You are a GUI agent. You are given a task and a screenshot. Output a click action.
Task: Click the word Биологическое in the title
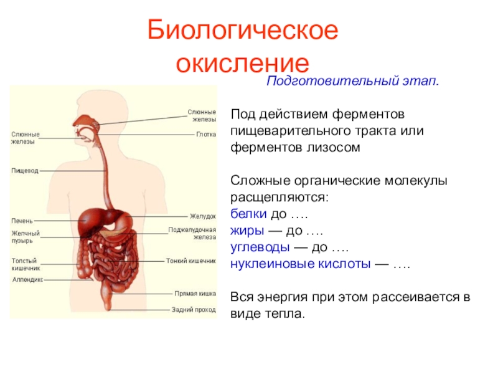(x=242, y=31)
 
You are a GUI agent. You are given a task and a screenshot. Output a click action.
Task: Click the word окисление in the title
(x=242, y=63)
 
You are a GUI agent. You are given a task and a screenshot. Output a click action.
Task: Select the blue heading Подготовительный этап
(x=353, y=82)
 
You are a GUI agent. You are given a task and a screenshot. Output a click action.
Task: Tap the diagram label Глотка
(x=206, y=134)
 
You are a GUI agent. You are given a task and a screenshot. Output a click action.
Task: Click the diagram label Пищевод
(x=25, y=170)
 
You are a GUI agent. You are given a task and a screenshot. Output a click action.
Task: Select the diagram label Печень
(x=22, y=221)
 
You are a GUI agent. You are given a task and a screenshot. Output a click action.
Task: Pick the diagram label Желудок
(x=203, y=216)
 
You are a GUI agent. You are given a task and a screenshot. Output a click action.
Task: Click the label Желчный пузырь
(x=26, y=237)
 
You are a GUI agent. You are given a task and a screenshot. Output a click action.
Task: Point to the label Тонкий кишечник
(x=191, y=261)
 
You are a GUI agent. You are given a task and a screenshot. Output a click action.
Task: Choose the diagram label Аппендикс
(x=28, y=280)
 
